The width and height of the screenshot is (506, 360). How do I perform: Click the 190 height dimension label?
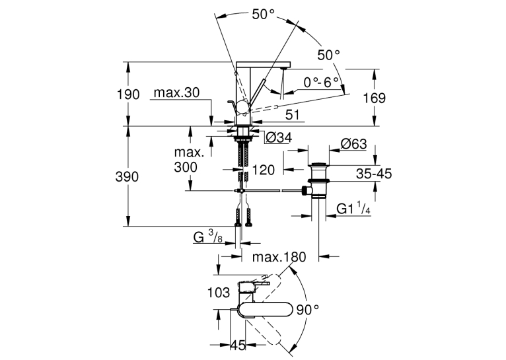click(x=128, y=94)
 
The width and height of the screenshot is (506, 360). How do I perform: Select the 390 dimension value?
click(x=127, y=177)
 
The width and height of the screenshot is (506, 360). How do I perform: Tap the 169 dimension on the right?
click(x=375, y=98)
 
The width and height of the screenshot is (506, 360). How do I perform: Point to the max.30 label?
click(x=176, y=93)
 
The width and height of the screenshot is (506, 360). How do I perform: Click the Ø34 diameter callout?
click(x=279, y=138)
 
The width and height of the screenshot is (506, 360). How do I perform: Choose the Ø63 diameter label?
click(x=354, y=144)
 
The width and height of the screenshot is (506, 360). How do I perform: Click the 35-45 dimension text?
click(x=374, y=174)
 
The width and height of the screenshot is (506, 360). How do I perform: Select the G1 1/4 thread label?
click(x=353, y=208)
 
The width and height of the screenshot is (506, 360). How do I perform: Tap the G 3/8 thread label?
click(x=208, y=237)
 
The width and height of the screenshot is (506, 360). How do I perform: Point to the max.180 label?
click(x=279, y=257)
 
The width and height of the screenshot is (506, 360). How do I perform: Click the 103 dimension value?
click(x=219, y=293)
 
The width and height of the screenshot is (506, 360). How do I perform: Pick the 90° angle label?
click(x=308, y=310)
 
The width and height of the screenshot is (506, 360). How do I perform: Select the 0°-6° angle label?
click(x=322, y=83)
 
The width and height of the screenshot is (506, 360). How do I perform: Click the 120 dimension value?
click(x=263, y=170)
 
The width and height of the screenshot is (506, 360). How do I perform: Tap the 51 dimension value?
click(x=293, y=115)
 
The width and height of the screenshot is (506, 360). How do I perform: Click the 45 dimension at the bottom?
click(x=238, y=345)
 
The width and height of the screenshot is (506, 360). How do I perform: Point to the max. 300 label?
click(x=189, y=160)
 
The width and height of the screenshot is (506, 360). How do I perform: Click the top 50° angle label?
click(x=264, y=14)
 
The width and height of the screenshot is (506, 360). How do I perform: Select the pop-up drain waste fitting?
click(x=318, y=180)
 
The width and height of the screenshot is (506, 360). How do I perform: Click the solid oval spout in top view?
click(x=266, y=309)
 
